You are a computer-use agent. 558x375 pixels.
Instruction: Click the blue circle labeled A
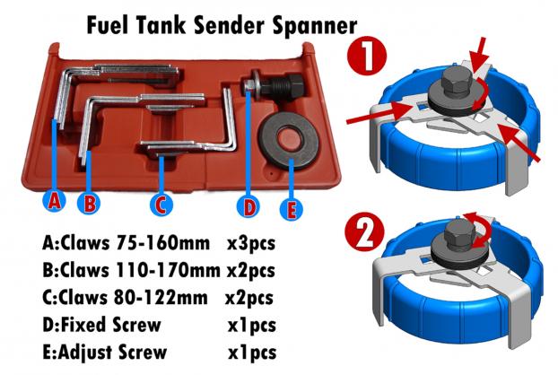coord(54,201)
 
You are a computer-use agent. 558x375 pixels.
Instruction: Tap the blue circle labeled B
coord(89,203)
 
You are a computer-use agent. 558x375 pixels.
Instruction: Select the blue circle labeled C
coord(161,205)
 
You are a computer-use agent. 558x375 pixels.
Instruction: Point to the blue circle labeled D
coord(249,206)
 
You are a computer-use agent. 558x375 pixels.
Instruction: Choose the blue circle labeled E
coord(292,209)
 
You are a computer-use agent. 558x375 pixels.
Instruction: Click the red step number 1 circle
coord(367,55)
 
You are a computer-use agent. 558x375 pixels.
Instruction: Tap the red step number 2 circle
coord(365,231)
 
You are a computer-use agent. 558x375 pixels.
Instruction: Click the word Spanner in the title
coord(314,26)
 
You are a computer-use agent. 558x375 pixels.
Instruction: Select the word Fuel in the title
coord(107,25)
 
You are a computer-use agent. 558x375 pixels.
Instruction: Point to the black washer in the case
coord(289,141)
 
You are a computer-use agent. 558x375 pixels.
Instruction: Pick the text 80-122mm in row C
coord(161,298)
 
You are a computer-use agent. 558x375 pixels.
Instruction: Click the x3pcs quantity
coord(251,244)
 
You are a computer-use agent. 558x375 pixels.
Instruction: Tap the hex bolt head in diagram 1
coord(456,82)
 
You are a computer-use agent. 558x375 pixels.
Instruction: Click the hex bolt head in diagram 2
coord(459,233)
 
